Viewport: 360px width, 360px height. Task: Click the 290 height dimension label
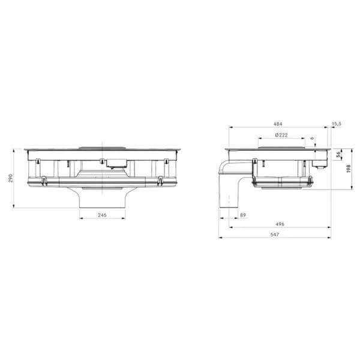point(11,178)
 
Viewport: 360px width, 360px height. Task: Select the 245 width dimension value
point(102,215)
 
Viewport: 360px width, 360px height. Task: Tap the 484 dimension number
point(278,124)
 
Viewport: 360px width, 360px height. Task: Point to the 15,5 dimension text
point(337,124)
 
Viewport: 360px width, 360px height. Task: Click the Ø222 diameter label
point(281,135)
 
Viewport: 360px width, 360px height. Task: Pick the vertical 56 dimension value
point(338,155)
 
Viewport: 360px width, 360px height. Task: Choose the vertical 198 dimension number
point(349,169)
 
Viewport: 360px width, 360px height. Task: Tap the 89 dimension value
point(243,215)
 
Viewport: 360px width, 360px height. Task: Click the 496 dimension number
point(280,224)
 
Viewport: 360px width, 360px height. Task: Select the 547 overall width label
point(275,235)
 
